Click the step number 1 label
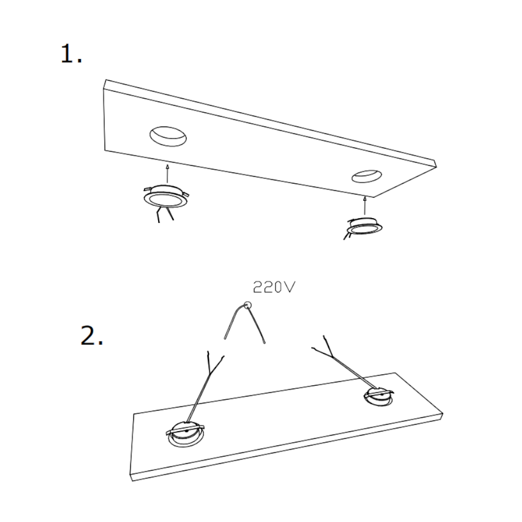tap(71, 54)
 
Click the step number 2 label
tap(92, 336)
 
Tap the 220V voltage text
tap(274, 287)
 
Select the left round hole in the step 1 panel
tap(168, 136)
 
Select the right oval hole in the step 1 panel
tap(366, 176)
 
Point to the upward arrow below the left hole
tap(168, 173)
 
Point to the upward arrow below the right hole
tap(365, 205)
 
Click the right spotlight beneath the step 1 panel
tap(364, 226)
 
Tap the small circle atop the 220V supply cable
tap(247, 305)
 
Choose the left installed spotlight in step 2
tap(185, 434)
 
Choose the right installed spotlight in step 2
tap(378, 397)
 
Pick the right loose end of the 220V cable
tap(265, 341)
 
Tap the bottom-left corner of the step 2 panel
tap(132, 481)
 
